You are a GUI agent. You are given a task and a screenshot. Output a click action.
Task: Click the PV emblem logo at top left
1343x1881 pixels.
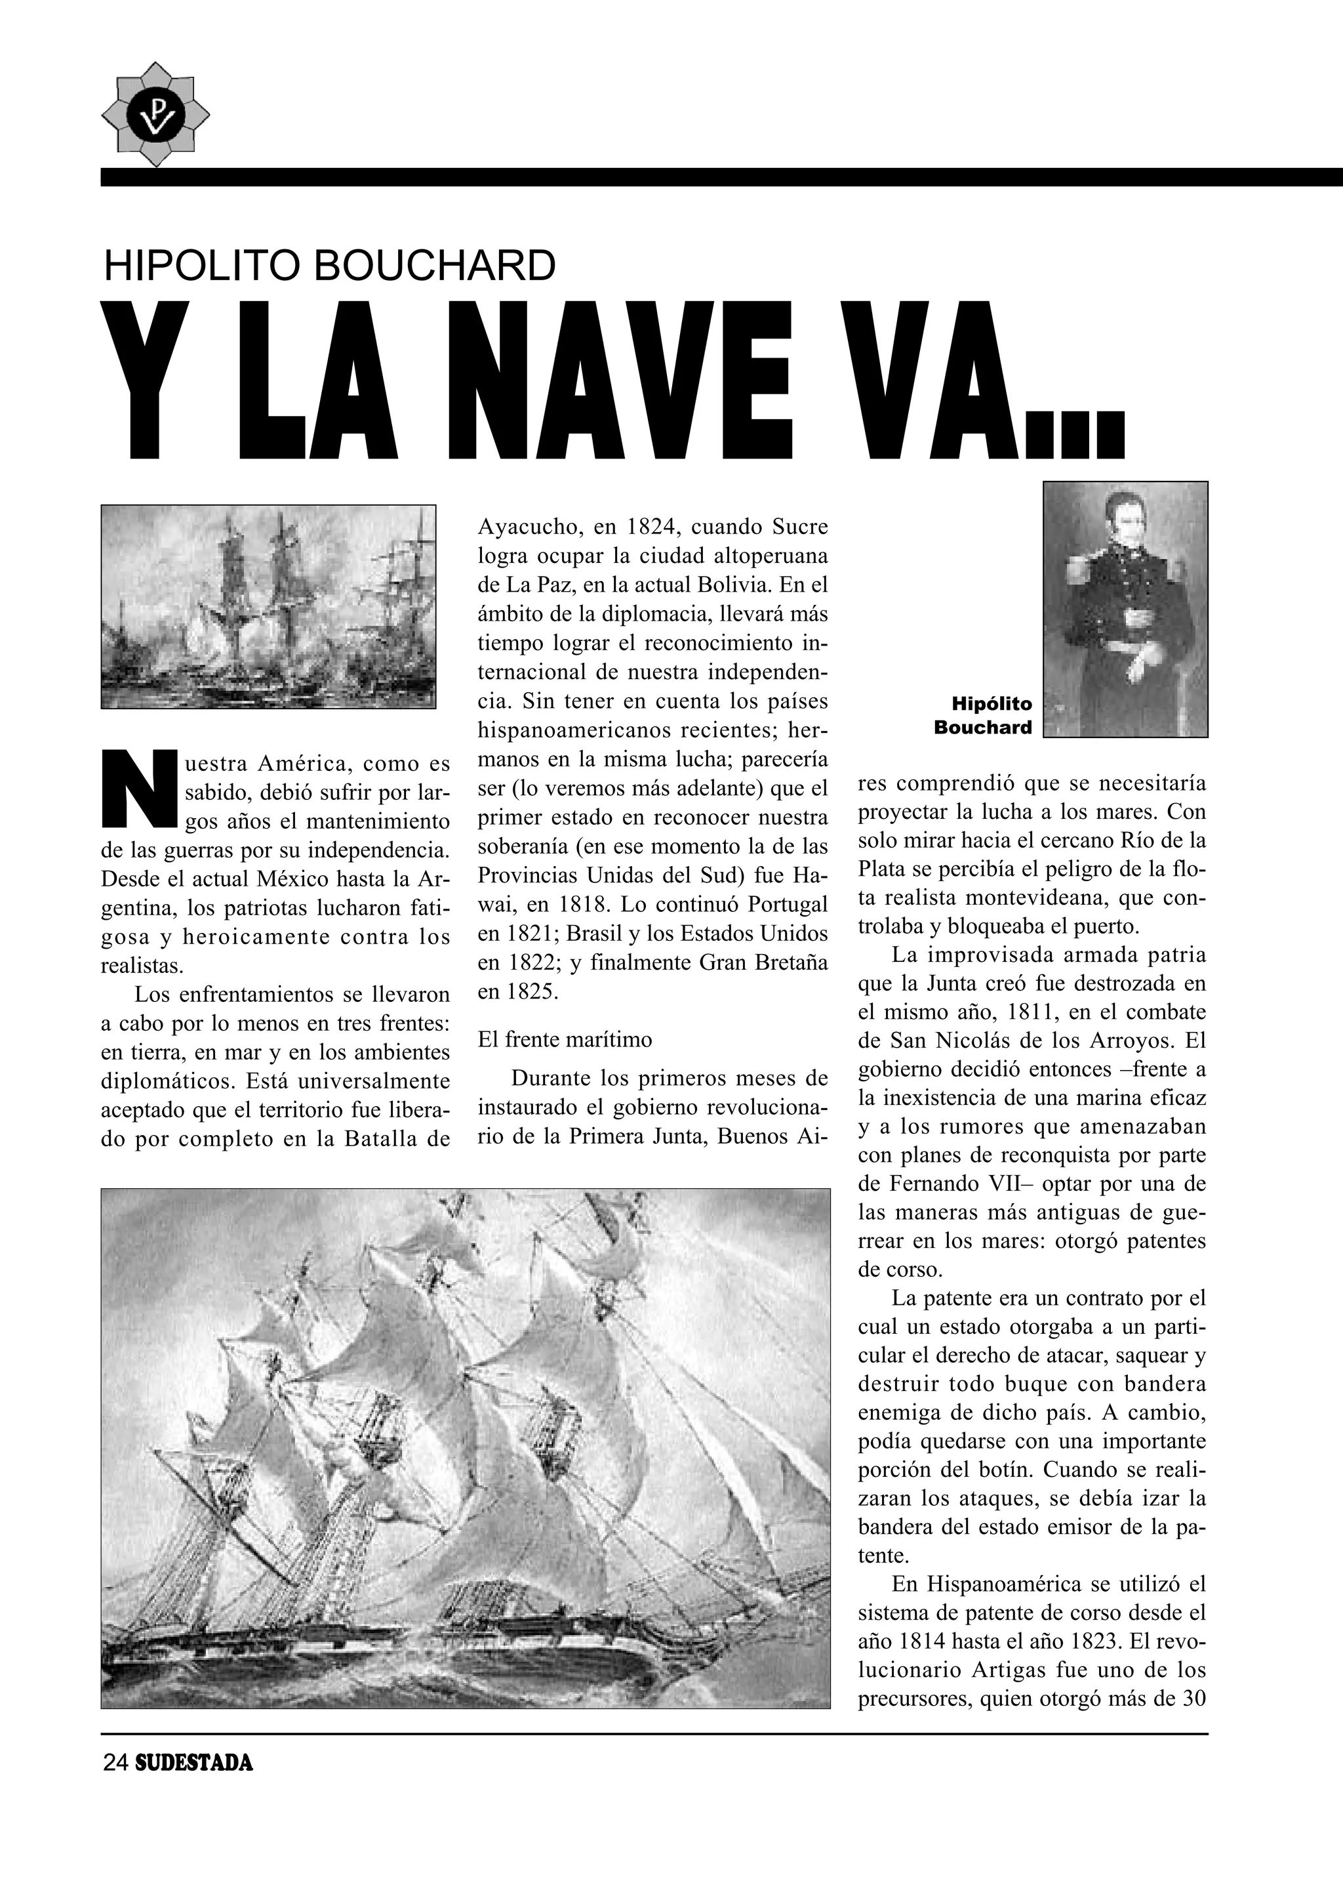pos(155,114)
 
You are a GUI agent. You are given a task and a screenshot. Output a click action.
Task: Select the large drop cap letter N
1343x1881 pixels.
pos(137,789)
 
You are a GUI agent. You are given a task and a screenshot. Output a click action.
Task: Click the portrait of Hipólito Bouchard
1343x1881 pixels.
pos(1125,609)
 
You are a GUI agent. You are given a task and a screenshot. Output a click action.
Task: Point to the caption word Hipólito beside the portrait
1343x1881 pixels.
pos(992,704)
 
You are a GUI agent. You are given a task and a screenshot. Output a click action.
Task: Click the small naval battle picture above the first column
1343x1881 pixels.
pos(268,606)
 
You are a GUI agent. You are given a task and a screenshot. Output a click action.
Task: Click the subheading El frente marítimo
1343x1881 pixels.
pos(565,1039)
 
